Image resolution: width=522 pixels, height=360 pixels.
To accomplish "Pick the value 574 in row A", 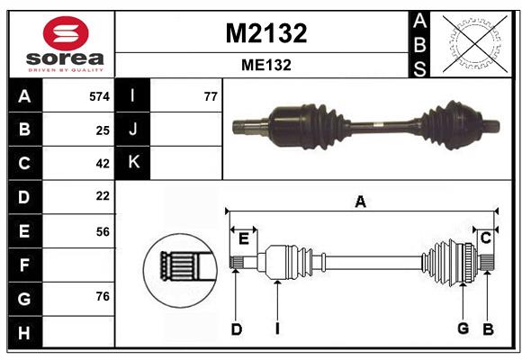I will coord(99,95).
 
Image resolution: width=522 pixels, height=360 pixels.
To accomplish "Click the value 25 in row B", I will coord(103,130).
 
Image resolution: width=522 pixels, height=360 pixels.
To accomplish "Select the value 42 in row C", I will coord(103,164).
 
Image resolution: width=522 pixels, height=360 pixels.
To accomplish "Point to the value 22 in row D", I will coord(103,196).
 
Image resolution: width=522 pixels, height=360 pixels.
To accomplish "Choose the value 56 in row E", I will coord(103,231).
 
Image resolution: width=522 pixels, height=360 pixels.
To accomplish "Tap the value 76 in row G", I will coord(103,296).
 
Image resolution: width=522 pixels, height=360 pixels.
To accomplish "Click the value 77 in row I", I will coord(211,95).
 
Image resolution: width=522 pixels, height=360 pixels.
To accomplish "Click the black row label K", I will coord(133,163).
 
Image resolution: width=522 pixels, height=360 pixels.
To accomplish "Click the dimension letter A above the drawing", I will coord(360,202).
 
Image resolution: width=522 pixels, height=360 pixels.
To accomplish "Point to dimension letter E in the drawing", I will coord(243,238).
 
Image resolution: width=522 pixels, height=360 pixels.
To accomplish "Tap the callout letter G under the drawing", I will coord(463,328).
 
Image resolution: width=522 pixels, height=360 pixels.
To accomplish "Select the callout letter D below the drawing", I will coord(236,329).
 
